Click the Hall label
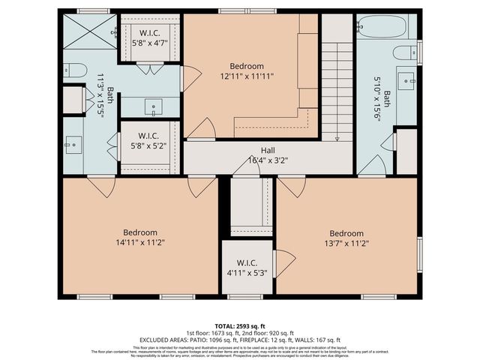[x=268, y=150]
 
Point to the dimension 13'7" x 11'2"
[x=346, y=243]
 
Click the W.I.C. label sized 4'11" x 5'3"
[x=247, y=263]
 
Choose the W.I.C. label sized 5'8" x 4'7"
[x=149, y=33]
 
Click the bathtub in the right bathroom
[x=382, y=28]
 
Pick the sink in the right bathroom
[x=406, y=79]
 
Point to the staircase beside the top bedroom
[x=337, y=90]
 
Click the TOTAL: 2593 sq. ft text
[x=239, y=325]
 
